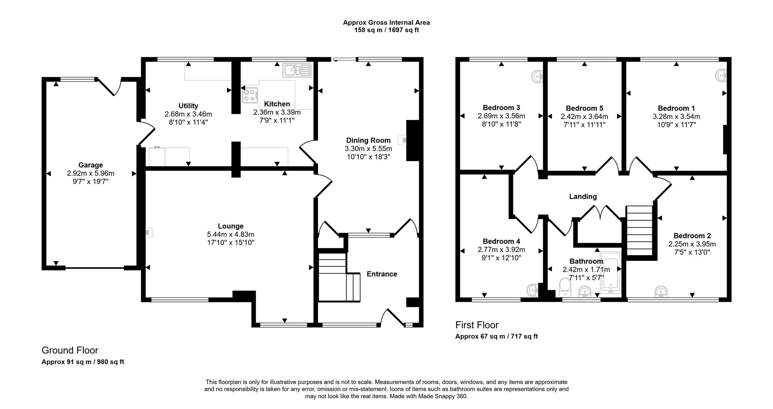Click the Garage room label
(x=91, y=165)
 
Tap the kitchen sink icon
(x=297, y=70)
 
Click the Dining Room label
(x=368, y=140)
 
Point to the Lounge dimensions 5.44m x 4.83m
(x=231, y=234)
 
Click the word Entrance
(x=382, y=274)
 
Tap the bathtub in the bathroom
(x=611, y=271)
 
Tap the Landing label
(x=583, y=196)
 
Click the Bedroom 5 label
(x=584, y=108)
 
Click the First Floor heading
(x=477, y=325)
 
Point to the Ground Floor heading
(x=70, y=350)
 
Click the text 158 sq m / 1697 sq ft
(x=386, y=30)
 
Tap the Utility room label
(x=188, y=106)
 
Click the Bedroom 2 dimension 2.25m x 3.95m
(x=692, y=244)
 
